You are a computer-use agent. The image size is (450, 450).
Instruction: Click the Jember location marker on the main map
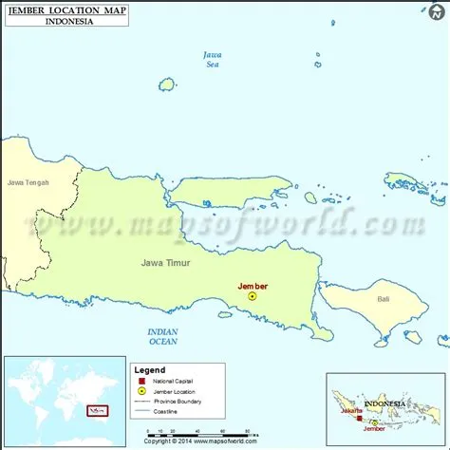tap(252, 295)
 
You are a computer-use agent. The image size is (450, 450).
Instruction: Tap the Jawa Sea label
tap(213, 60)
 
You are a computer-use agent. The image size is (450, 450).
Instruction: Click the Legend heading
tap(149, 369)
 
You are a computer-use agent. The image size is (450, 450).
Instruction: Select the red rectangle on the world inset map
tap(95, 411)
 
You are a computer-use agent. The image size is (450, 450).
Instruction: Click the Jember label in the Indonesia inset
tap(386, 426)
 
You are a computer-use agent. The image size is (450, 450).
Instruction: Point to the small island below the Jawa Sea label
tap(167, 84)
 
